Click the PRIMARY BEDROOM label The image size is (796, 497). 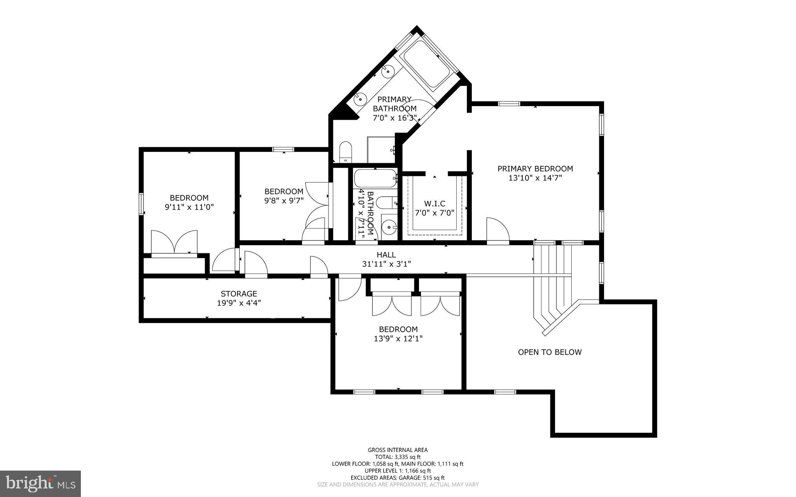(x=535, y=169)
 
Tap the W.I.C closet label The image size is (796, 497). (x=435, y=204)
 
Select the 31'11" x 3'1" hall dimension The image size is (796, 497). (x=386, y=264)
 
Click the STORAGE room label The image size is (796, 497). (x=239, y=294)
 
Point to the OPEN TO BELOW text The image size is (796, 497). (x=550, y=352)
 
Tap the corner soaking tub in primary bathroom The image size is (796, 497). (x=426, y=65)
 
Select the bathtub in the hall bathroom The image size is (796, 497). (x=375, y=178)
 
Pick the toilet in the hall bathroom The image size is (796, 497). (x=386, y=203)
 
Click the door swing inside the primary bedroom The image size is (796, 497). (x=497, y=231)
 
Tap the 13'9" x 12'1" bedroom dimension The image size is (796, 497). (x=398, y=338)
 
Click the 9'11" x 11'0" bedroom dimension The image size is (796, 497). (x=189, y=207)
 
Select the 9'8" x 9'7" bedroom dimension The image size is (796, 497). (x=284, y=201)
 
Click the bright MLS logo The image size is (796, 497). (x=40, y=484)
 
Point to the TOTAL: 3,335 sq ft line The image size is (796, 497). (x=398, y=457)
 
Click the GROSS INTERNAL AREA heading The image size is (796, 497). (x=398, y=450)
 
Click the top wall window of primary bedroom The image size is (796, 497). (x=509, y=103)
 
